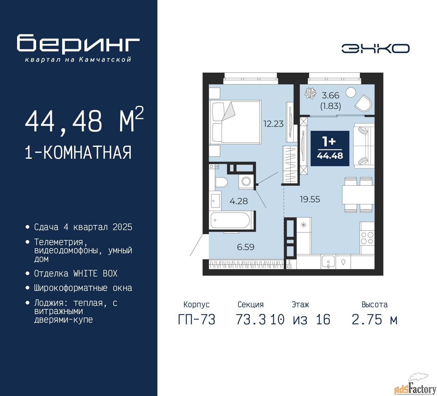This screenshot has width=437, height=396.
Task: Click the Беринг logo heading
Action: coord(78,44)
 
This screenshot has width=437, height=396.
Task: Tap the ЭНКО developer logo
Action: coord(375,48)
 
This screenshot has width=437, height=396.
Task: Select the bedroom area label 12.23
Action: coord(273,124)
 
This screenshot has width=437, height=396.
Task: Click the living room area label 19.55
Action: coord(310,199)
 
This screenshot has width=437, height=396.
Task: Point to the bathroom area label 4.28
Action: coord(239,201)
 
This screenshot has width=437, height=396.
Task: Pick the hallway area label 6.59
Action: coord(245,247)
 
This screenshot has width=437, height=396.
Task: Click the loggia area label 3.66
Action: coord(330,96)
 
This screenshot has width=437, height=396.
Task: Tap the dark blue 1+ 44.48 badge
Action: coord(330,148)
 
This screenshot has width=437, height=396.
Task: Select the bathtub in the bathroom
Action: coord(230,220)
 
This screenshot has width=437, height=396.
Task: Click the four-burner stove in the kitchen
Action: coord(367,238)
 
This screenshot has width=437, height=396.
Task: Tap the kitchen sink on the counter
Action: coord(328,262)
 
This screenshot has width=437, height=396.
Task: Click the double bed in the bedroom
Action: coord(235,122)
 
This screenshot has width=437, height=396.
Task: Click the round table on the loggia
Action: coord(351,92)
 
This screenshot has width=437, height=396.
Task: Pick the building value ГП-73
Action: coord(197,320)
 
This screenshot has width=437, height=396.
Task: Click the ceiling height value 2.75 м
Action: coord(374,320)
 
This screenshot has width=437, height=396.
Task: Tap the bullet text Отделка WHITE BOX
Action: coord(75,273)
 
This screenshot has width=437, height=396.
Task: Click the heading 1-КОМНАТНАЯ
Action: coord(78,153)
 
